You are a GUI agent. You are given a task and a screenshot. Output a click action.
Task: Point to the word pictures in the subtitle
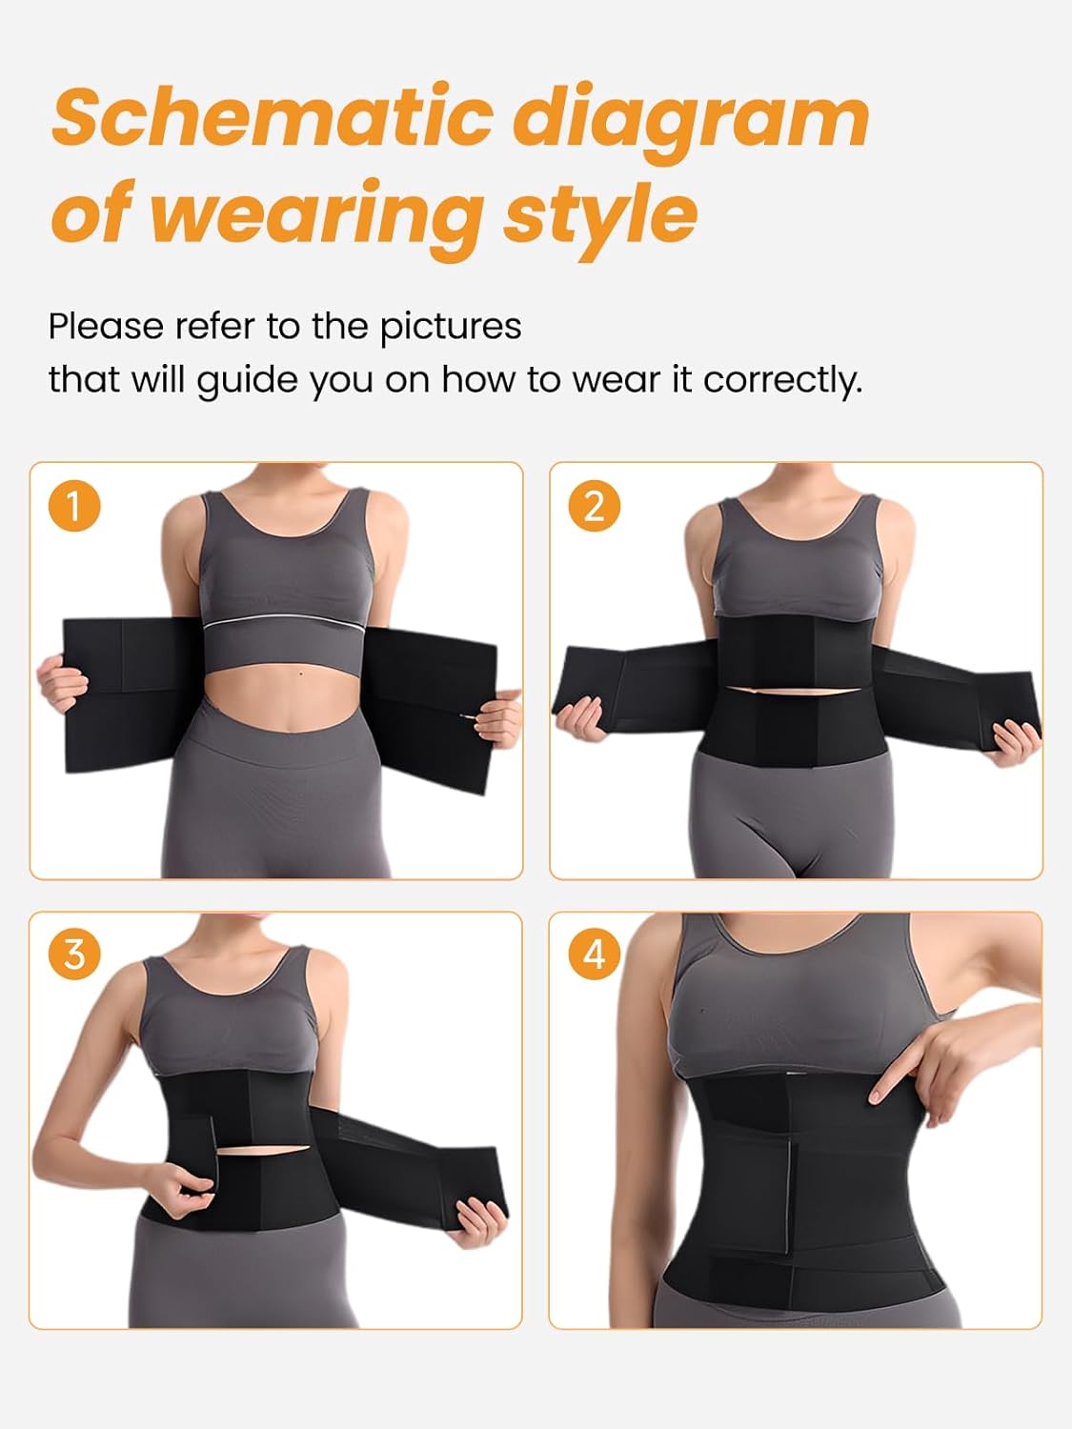coord(450,327)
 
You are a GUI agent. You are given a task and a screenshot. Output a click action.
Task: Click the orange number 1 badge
coord(73,505)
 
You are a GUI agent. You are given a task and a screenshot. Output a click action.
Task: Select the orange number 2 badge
coord(594,505)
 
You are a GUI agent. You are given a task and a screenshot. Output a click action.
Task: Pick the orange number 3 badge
coord(73,954)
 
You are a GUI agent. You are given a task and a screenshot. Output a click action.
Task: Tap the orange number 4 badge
coord(594,954)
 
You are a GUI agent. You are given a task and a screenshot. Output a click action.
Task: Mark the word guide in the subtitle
coord(233,379)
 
